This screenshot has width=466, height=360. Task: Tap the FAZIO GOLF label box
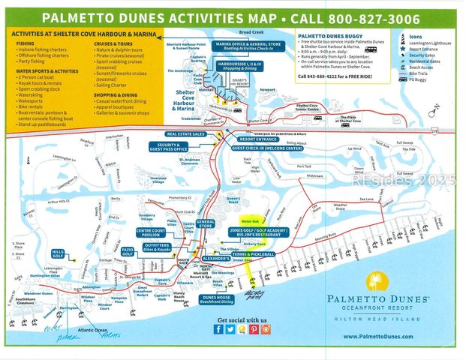point(128,251)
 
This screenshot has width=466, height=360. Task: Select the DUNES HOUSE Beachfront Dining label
point(214,298)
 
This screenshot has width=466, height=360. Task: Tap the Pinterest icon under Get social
point(254,328)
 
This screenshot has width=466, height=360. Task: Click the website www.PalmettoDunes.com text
point(377,337)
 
